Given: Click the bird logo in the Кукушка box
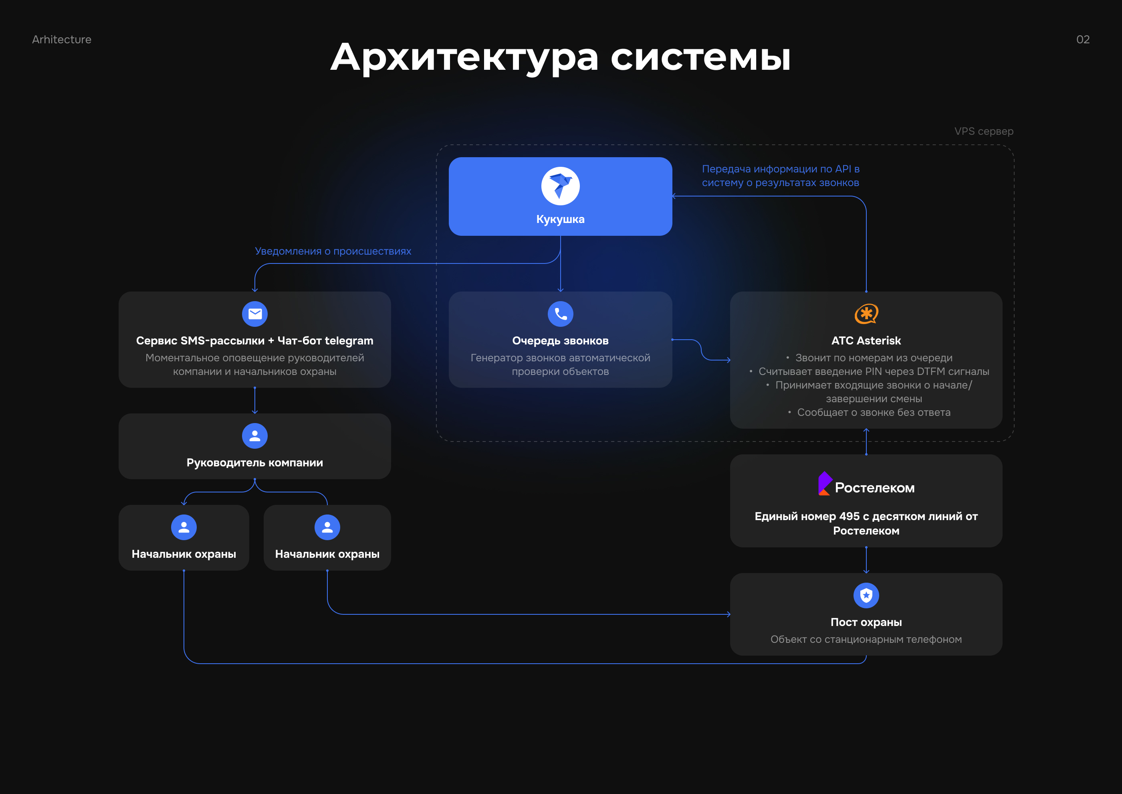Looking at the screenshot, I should coord(560,186).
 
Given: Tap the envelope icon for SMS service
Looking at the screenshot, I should coord(254,314).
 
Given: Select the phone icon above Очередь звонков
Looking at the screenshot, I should coord(560,314).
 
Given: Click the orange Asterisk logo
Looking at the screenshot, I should coord(866,314).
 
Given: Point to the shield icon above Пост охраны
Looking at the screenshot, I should coord(866,595).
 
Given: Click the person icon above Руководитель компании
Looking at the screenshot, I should coord(254,435).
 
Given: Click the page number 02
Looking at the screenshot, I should coord(1082,40).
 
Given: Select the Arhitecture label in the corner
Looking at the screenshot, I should coord(62,40).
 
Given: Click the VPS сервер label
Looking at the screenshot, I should coord(983,132).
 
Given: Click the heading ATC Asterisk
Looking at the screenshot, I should coord(866,341).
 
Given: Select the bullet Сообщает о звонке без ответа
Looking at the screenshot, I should coord(873,413).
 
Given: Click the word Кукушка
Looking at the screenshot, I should coord(560,219).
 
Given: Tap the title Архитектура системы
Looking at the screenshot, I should coord(560,58).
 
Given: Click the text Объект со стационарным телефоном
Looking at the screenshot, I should coord(866,640).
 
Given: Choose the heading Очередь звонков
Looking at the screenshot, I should coord(560,341).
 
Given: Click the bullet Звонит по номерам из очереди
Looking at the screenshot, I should coord(873,358).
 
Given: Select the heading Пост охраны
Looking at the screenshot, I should coord(866,622).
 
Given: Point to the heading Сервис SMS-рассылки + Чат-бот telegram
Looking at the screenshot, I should coord(254,341).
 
